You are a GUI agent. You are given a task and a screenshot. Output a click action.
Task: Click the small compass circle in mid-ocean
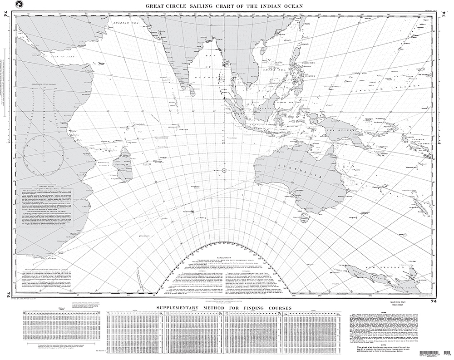tap(226, 170)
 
